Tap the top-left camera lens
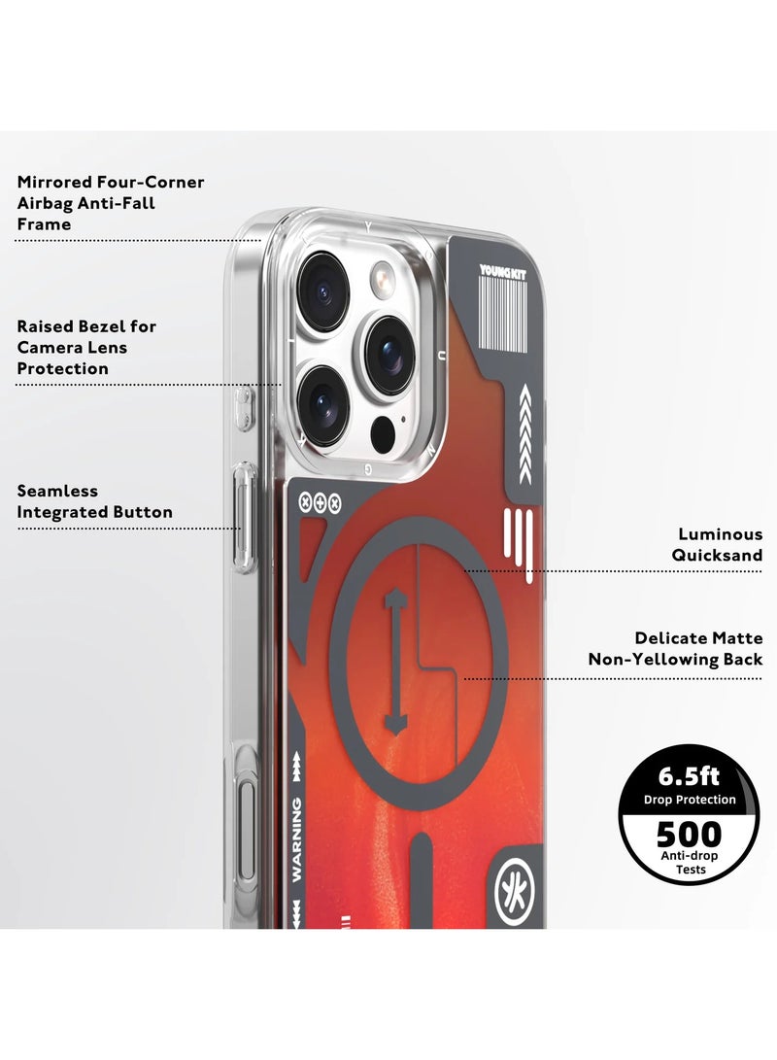[x=323, y=291]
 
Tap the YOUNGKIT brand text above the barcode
[x=502, y=271]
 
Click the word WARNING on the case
[x=296, y=838]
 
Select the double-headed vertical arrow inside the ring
[x=393, y=661]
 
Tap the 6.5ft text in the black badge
[x=689, y=776]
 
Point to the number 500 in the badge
[x=690, y=835]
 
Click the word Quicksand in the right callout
[x=717, y=555]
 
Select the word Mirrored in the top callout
[x=54, y=182]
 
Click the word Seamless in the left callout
[x=57, y=491]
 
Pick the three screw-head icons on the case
[x=320, y=503]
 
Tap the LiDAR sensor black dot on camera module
[x=383, y=432]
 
